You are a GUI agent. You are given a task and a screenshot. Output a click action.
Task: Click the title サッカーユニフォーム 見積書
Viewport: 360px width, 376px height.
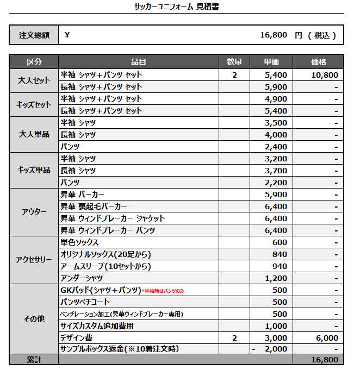[177, 7]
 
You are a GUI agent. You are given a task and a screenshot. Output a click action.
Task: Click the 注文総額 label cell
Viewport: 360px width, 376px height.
[34, 35]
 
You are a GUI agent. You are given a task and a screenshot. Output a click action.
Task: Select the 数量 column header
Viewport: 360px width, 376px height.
[234, 62]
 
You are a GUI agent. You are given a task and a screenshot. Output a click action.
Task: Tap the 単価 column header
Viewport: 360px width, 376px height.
[271, 62]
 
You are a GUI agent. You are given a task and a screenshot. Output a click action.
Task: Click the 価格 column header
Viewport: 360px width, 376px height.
[318, 62]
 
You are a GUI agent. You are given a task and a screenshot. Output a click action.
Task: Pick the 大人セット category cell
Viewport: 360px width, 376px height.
[34, 80]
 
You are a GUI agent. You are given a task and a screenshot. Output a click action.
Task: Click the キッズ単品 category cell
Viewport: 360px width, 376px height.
[34, 170]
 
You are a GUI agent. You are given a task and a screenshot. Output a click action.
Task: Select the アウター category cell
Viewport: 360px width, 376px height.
[34, 212]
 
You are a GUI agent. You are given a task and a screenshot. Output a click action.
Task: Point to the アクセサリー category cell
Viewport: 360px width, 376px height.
[34, 260]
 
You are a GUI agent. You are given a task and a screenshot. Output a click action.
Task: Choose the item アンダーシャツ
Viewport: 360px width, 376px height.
[82, 278]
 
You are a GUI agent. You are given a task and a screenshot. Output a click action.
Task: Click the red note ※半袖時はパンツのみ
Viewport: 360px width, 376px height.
[163, 291]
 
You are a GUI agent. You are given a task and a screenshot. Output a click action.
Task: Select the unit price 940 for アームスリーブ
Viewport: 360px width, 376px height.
[280, 266]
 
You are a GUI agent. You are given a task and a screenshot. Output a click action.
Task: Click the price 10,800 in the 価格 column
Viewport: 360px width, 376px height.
[325, 75]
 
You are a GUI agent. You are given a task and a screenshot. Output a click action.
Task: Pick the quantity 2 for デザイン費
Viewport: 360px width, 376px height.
[234, 338]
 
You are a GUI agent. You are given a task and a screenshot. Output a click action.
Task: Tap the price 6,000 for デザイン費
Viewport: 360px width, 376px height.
[327, 338]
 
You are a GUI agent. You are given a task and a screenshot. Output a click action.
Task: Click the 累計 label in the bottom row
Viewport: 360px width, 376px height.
[34, 360]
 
